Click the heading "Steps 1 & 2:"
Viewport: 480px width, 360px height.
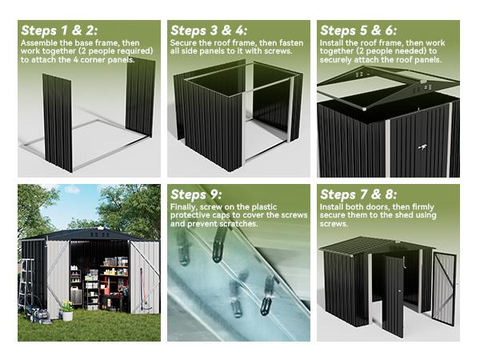click(59, 30)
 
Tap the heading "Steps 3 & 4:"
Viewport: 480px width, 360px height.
click(208, 30)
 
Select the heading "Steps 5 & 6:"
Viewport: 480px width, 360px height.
click(358, 30)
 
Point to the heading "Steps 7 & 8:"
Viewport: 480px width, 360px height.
click(358, 194)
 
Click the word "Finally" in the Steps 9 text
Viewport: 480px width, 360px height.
click(186, 206)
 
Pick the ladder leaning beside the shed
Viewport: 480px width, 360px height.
click(26, 284)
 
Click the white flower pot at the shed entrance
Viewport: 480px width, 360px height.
click(67, 314)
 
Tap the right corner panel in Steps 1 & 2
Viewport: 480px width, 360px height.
click(140, 96)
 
